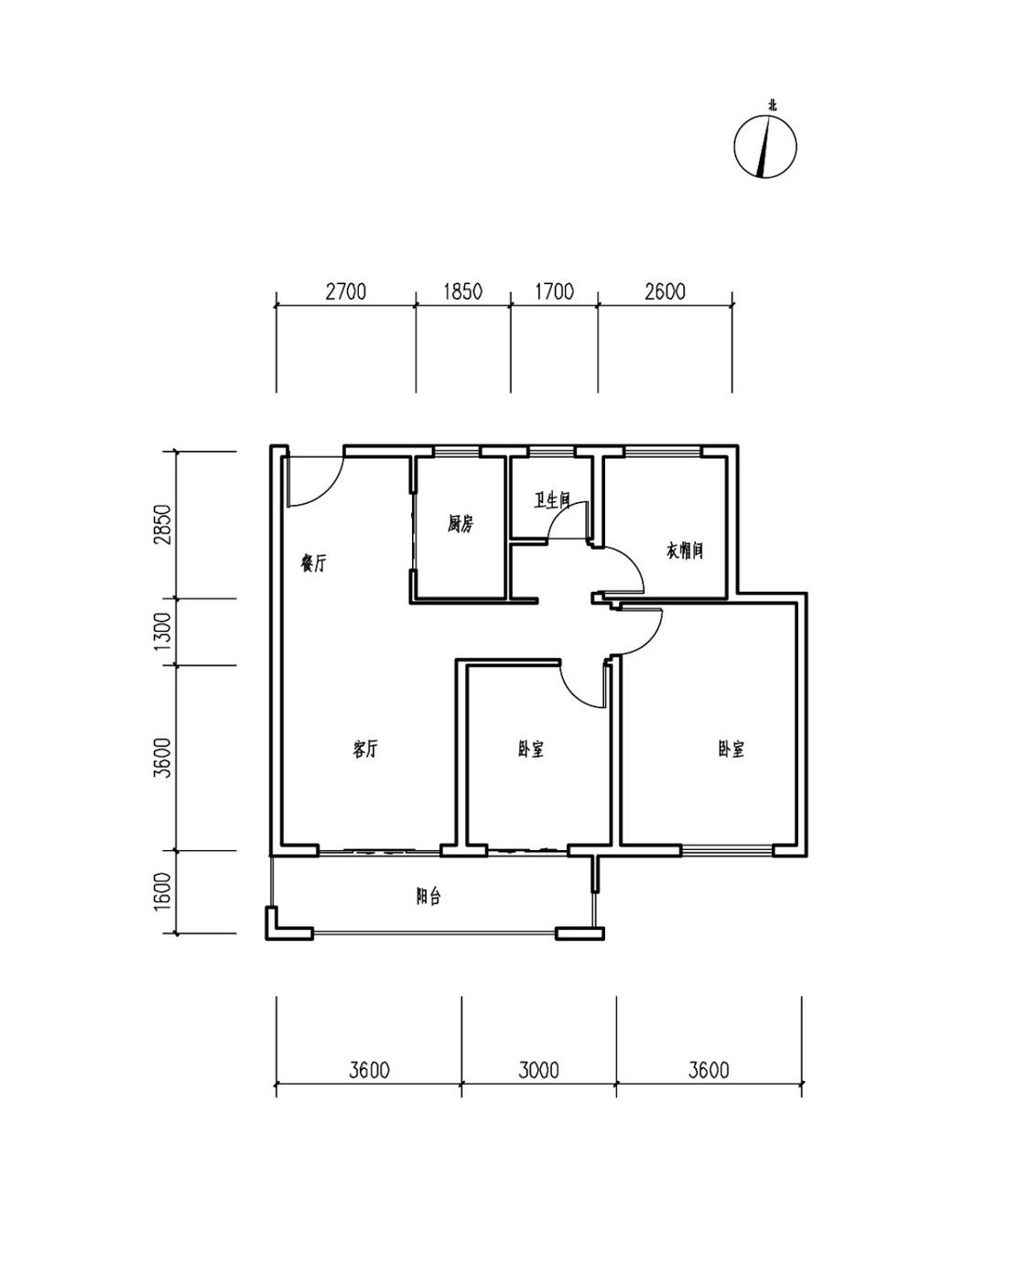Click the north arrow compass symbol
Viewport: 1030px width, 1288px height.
click(x=765, y=147)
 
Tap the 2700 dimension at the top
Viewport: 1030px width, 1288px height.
click(x=345, y=292)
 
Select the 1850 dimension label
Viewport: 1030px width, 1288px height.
click(x=462, y=292)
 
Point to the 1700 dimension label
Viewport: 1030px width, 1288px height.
click(x=554, y=292)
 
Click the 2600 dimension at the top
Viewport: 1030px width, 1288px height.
click(x=665, y=292)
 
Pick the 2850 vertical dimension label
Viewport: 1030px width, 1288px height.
click(x=163, y=525)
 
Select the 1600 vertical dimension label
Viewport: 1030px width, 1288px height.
click(x=163, y=891)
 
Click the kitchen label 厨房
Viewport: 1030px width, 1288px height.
click(x=461, y=524)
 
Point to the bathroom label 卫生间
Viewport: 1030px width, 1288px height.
click(x=552, y=500)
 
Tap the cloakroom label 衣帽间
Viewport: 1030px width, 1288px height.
click(x=685, y=550)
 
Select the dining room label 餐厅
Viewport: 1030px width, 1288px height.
click(x=313, y=563)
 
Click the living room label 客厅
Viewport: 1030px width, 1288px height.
click(x=365, y=748)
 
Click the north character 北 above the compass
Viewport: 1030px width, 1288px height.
click(x=773, y=106)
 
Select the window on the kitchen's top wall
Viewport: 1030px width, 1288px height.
click(x=458, y=451)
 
